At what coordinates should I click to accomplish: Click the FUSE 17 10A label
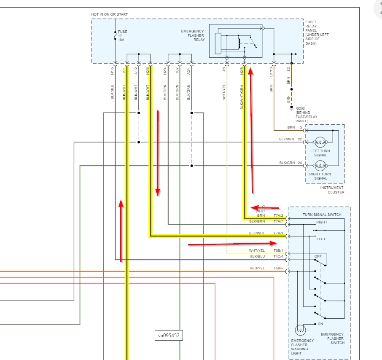pos(123,35)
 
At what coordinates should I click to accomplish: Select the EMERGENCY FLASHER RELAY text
pos(192,35)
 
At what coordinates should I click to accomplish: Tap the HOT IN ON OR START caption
pos(109,15)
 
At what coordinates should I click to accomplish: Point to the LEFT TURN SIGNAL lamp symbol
pos(320,142)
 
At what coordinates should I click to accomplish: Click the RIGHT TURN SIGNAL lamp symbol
pos(320,166)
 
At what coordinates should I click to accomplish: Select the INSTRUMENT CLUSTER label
pos(332,190)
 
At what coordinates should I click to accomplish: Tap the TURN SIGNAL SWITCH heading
pos(322,215)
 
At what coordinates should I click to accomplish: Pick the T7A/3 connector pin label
pos(278,233)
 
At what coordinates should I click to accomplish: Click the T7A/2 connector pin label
pos(278,215)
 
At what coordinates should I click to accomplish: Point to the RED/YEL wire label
pos(257,268)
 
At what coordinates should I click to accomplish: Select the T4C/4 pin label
pos(278,256)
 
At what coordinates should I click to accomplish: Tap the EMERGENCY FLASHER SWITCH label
pos(332,339)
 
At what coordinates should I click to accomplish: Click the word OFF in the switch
pos(318,256)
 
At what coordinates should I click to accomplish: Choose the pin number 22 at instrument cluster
pos(299,139)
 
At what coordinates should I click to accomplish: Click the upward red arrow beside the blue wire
pos(121,230)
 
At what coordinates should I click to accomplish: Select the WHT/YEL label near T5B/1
pos(257,251)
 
